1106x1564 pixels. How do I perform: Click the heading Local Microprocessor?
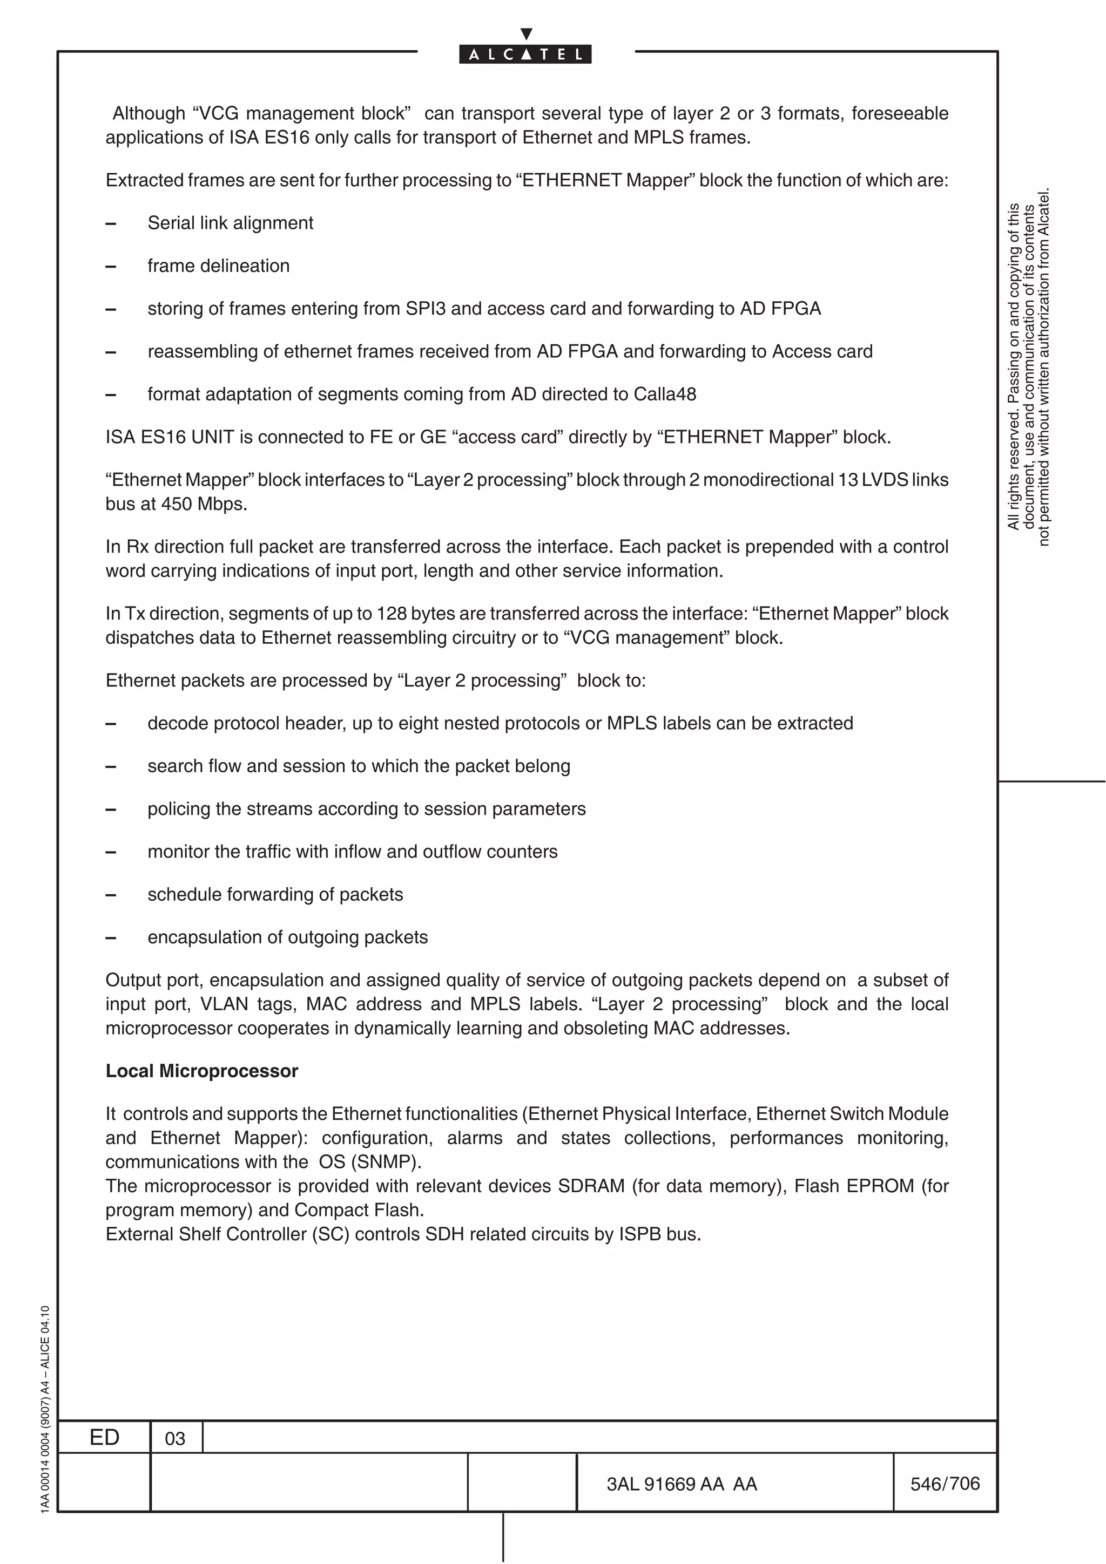pos(202,1071)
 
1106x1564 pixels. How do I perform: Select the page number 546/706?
pos(945,1483)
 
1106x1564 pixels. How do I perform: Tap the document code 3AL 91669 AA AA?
pos(682,1484)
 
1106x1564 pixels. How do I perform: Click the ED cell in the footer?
pos(104,1437)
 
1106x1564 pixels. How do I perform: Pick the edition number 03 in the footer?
pos(175,1439)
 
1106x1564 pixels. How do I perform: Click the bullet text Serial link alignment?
pos(231,223)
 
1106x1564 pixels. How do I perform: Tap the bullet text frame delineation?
pos(218,266)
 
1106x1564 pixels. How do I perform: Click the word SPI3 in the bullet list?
pos(425,309)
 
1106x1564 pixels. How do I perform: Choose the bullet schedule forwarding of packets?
pos(275,894)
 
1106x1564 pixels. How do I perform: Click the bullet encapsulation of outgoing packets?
pos(288,937)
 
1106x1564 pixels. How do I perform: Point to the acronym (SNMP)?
pos(386,1161)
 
